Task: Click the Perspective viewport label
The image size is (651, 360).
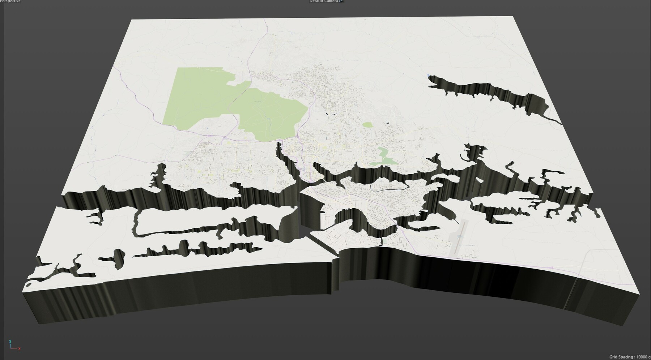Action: (x=10, y=1)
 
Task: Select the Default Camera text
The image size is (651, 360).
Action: (x=324, y=1)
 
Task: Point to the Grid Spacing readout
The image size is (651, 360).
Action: (x=629, y=357)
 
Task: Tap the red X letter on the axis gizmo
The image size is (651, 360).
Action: (x=19, y=349)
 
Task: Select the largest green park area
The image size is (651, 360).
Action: (x=235, y=105)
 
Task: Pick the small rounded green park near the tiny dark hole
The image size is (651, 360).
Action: (x=367, y=125)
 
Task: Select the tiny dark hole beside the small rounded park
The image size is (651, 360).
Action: (x=388, y=124)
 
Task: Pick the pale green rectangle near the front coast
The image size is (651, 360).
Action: (x=384, y=240)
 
